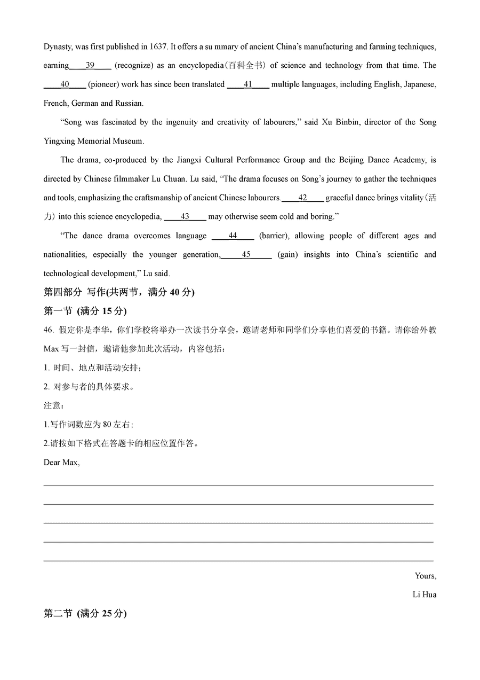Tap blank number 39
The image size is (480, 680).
pyautogui.click(x=90, y=65)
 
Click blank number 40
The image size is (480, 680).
pyautogui.click(x=65, y=84)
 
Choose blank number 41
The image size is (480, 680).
pyautogui.click(x=247, y=84)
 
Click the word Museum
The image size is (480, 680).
pyautogui.click(x=130, y=141)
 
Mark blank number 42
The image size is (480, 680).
pyautogui.click(x=302, y=198)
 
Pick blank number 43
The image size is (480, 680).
pyautogui.click(x=185, y=216)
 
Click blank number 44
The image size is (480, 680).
pyautogui.click(x=233, y=236)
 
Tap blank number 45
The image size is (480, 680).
pyautogui.click(x=246, y=254)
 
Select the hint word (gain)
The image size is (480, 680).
pyautogui.click(x=287, y=254)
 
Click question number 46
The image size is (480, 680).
pyautogui.click(x=49, y=330)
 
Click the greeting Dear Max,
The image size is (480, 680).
pyautogui.click(x=62, y=462)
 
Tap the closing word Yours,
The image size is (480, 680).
pyautogui.click(x=425, y=576)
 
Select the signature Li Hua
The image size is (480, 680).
pyautogui.click(x=425, y=595)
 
